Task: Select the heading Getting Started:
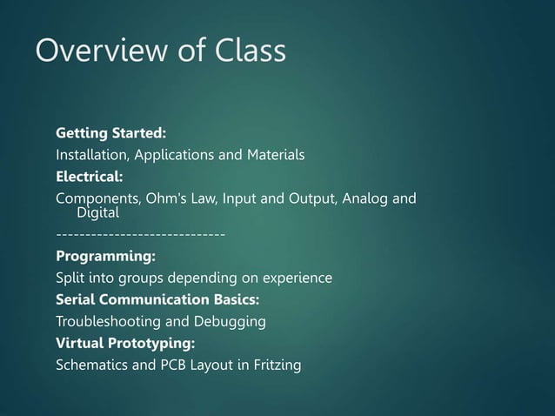click(x=110, y=134)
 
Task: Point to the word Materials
click(x=274, y=156)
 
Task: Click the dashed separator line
click(x=141, y=234)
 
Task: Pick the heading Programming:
click(x=106, y=257)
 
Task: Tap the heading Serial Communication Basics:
click(x=157, y=300)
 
